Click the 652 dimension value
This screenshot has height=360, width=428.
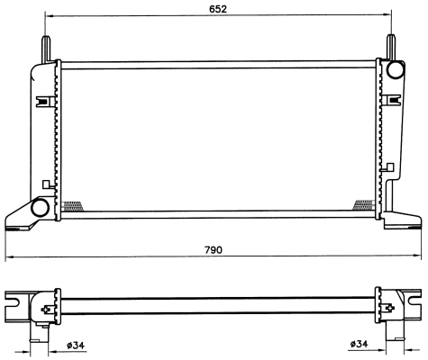point(218,9)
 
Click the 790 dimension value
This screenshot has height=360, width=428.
point(214,249)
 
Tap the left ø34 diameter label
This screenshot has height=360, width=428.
point(76,346)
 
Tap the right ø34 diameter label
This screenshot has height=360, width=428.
point(360,344)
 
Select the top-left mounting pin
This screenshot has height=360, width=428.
point(46,49)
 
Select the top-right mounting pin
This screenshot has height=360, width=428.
point(391,48)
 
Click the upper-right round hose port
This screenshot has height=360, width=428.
point(396,70)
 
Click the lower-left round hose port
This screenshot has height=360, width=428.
point(40,208)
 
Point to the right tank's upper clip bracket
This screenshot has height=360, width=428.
point(391,100)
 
